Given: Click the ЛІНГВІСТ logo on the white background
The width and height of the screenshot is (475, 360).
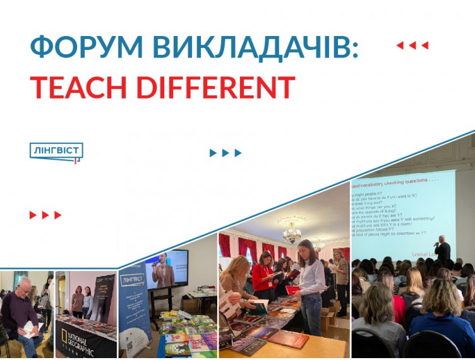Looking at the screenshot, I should [x=56, y=152].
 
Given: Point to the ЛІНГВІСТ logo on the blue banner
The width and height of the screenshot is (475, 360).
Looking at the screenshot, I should [x=133, y=280].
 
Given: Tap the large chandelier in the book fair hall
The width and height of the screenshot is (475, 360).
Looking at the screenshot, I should [x=291, y=233].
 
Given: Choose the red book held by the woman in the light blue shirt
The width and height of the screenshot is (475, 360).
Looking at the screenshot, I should [x=292, y=290].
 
